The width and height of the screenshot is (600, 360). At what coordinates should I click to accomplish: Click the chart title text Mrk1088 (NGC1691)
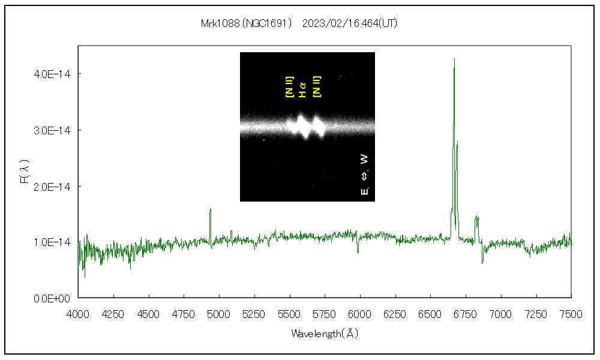(x=247, y=24)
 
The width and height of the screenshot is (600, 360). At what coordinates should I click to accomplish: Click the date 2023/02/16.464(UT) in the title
(x=350, y=24)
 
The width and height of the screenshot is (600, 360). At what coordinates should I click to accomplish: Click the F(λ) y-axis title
(x=25, y=172)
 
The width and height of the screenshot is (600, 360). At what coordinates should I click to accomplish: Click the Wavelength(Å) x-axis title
(x=325, y=334)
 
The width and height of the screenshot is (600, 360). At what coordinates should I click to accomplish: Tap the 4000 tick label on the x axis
(x=78, y=313)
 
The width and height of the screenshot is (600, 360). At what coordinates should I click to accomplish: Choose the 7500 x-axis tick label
(x=571, y=313)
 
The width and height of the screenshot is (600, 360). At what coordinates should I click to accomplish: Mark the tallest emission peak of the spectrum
(x=454, y=59)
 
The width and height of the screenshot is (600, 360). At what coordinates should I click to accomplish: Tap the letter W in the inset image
(x=364, y=160)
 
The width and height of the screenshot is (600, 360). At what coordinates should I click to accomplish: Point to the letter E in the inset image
(x=364, y=191)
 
